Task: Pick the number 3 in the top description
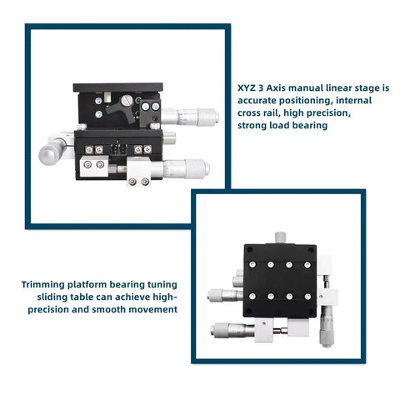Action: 263,87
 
